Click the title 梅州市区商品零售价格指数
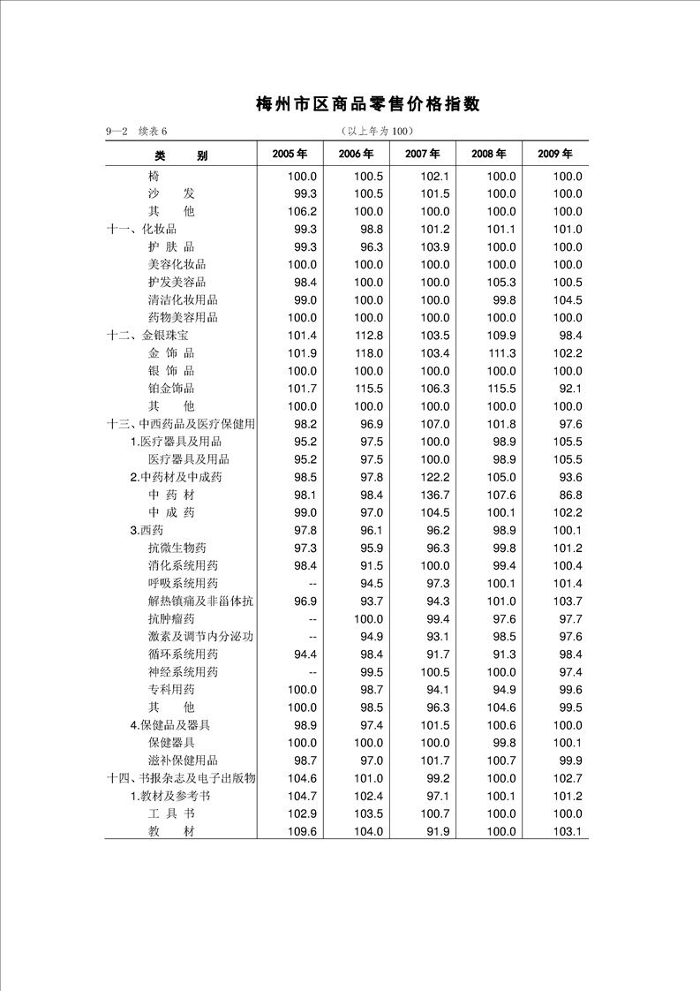[x=367, y=104]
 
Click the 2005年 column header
[x=290, y=154]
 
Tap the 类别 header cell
[x=180, y=155]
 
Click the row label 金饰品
[x=171, y=353]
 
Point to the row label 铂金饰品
[x=171, y=389]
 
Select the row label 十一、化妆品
[x=135, y=230]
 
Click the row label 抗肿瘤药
[x=171, y=618]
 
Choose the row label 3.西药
[x=147, y=530]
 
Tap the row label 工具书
[x=171, y=813]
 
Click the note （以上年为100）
[x=376, y=132]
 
